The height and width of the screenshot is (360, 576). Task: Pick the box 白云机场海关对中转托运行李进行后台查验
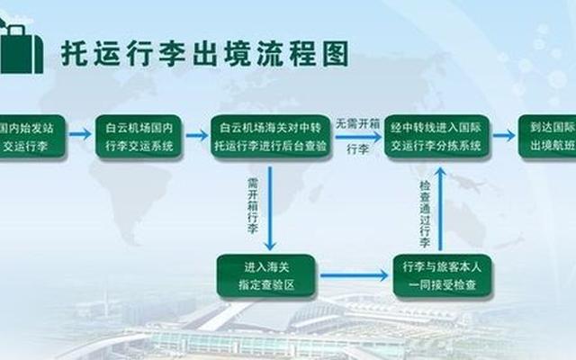tap(270, 136)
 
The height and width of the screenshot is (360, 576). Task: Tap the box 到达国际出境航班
tap(549, 136)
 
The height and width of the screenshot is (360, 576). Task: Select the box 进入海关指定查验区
tap(265, 275)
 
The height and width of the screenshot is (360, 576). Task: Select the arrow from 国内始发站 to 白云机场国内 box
tap(80, 135)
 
